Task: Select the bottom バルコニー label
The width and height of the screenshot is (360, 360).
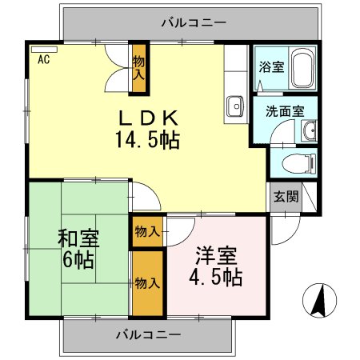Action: pos(148,334)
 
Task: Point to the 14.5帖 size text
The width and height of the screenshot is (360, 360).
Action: pos(148,141)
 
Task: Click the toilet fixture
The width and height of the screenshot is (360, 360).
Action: pos(298,162)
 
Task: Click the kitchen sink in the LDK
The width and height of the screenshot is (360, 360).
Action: pos(236,105)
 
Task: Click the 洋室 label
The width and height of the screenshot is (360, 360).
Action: pos(217,257)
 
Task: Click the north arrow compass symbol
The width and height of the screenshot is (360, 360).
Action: pos(317,301)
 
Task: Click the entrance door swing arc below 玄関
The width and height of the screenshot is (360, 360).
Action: pos(282,230)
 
